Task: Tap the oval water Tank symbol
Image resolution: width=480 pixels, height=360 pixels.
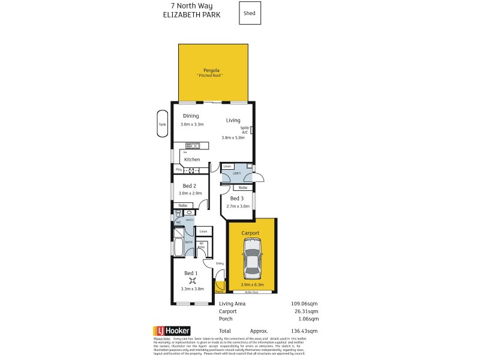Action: pyautogui.click(x=162, y=124)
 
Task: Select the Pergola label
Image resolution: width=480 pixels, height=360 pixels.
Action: pyautogui.click(x=213, y=70)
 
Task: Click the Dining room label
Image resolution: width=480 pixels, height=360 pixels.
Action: pyautogui.click(x=191, y=116)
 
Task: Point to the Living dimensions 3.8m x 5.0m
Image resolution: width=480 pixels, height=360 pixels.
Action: pyautogui.click(x=237, y=137)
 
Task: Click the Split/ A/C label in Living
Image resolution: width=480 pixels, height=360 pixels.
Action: pyautogui.click(x=245, y=130)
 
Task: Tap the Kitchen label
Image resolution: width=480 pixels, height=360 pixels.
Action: pyautogui.click(x=192, y=159)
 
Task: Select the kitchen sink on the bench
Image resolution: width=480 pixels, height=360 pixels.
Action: pyautogui.click(x=194, y=145)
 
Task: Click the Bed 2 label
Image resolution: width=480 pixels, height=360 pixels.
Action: pyautogui.click(x=190, y=185)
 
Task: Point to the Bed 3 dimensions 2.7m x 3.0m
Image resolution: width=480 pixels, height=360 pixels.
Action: pyautogui.click(x=238, y=206)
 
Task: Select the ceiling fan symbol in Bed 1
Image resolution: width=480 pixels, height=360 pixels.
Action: pyautogui.click(x=193, y=279)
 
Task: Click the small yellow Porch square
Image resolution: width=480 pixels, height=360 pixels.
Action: pyautogui.click(x=220, y=287)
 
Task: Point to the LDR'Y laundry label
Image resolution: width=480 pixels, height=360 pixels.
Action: pyautogui.click(x=236, y=174)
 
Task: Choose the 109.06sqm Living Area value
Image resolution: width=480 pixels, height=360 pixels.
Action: pyautogui.click(x=304, y=304)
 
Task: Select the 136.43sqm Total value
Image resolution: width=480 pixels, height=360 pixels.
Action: pyautogui.click(x=304, y=331)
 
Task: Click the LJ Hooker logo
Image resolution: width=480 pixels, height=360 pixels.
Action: pyautogui.click(x=173, y=331)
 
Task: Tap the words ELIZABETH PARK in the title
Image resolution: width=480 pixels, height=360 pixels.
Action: pyautogui.click(x=191, y=15)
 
